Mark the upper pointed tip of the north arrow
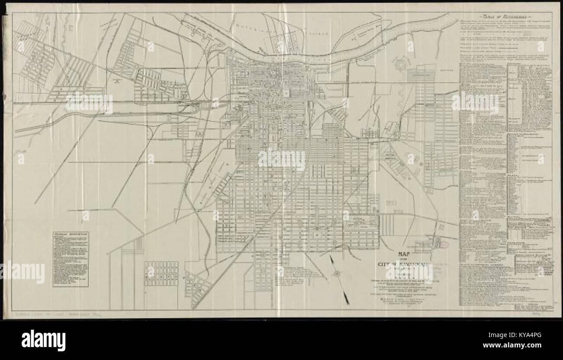[330, 256]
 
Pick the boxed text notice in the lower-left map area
[71, 259]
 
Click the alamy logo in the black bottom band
[43, 340]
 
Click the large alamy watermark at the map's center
[281, 159]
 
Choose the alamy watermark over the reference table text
[475, 103]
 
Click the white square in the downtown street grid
[286, 93]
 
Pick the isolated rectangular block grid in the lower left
[161, 273]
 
